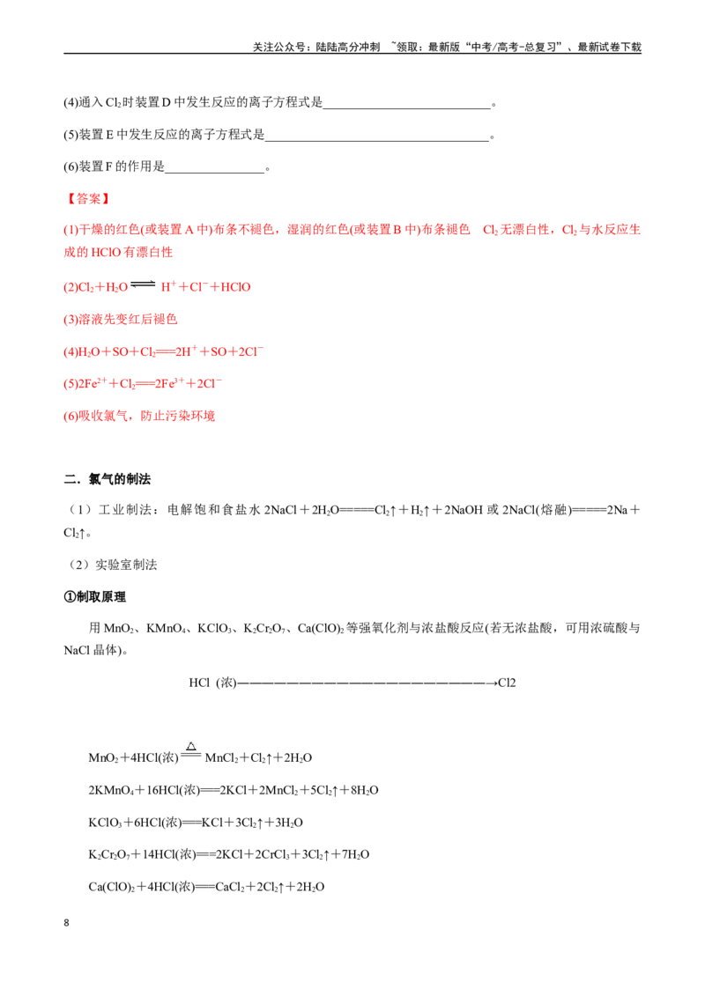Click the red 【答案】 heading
(88, 199)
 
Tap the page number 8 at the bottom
(66, 923)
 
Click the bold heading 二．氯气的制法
(108, 479)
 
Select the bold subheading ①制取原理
(95, 596)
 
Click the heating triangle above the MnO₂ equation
(191, 747)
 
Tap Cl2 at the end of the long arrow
(507, 683)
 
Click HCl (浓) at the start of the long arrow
(212, 683)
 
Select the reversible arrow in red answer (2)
(143, 284)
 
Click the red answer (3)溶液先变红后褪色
(120, 319)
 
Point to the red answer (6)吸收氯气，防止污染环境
(139, 416)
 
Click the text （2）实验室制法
(111, 565)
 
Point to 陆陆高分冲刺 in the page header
(348, 47)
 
